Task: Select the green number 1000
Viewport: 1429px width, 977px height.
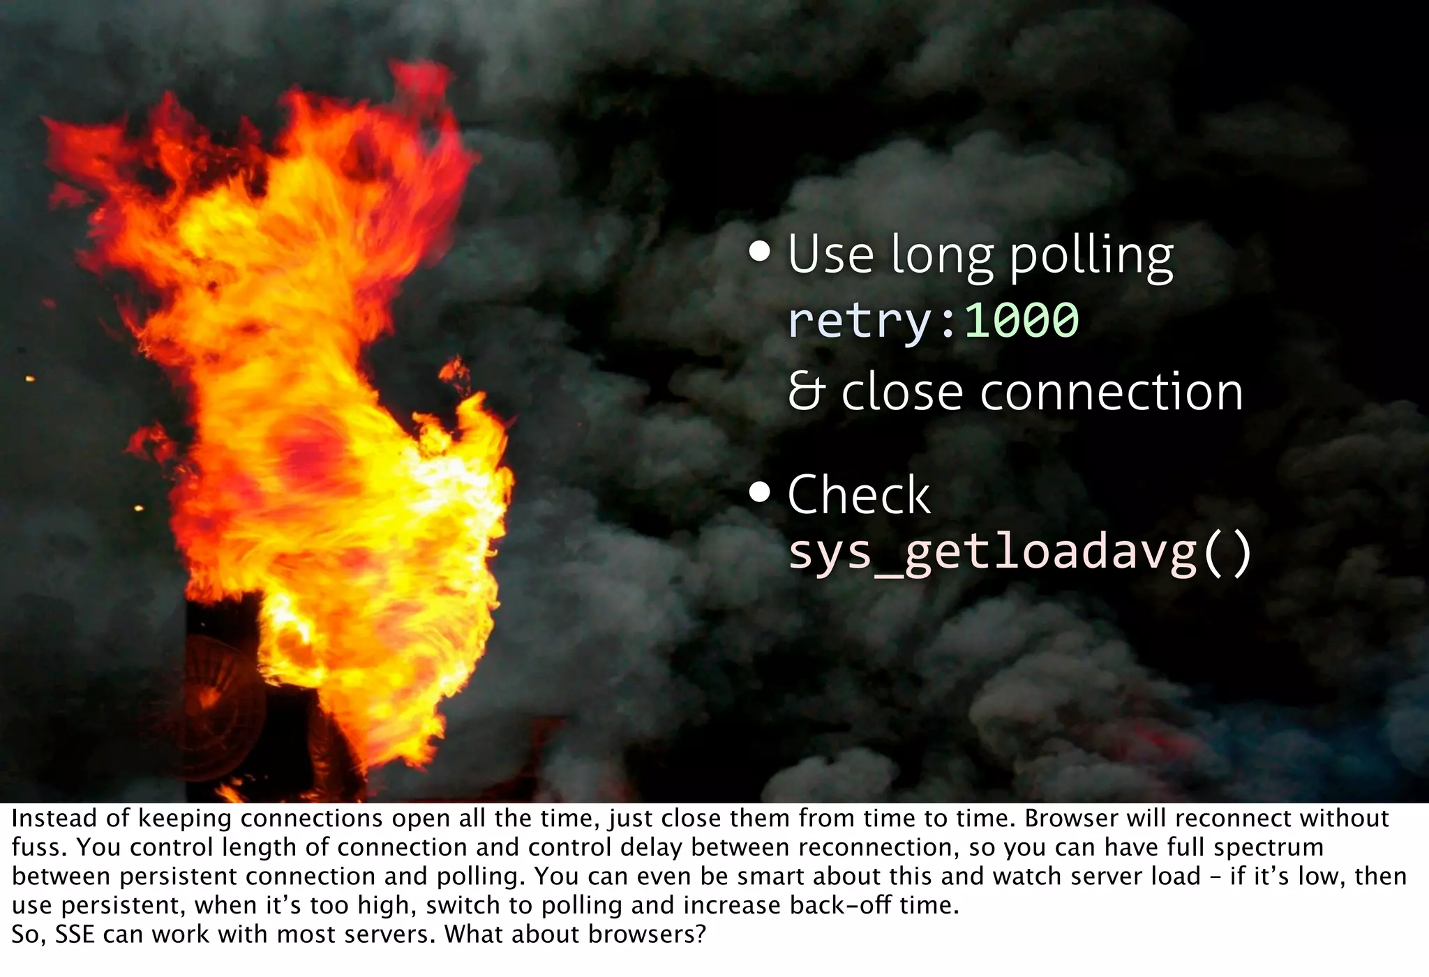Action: point(1021,320)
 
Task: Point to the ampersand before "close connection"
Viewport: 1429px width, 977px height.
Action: point(805,392)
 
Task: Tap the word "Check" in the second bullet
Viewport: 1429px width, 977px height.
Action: point(858,495)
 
